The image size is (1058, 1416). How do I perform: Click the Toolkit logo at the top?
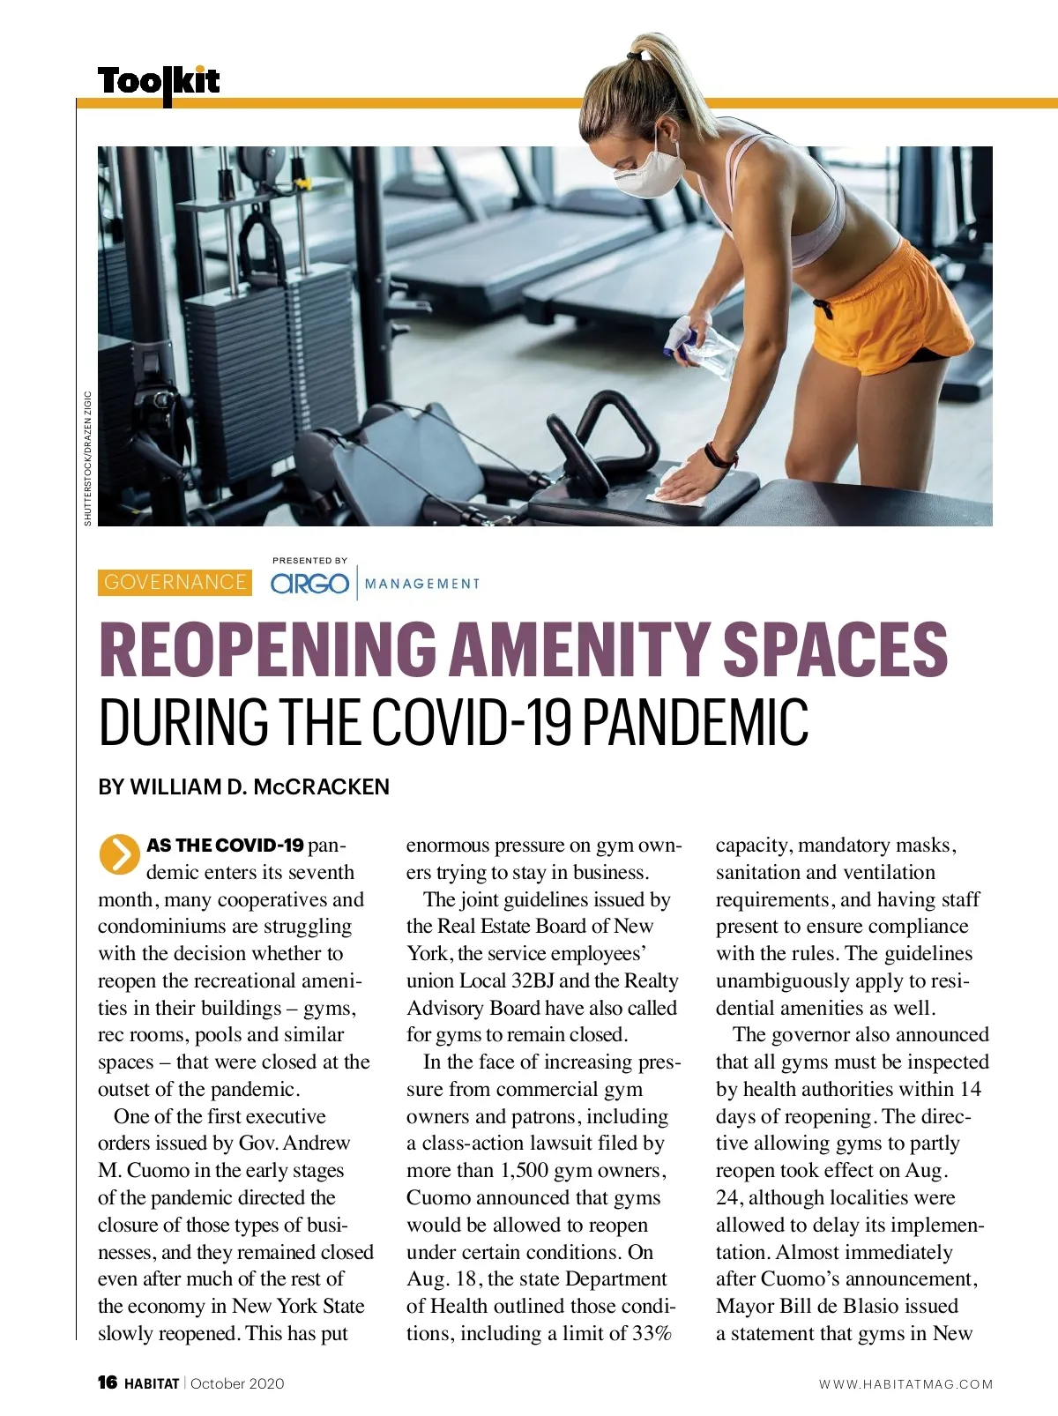(x=159, y=82)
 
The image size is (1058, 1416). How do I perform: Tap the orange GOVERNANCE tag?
(x=175, y=582)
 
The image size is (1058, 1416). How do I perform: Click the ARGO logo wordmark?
(x=309, y=584)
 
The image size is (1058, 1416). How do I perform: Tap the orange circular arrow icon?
(x=119, y=853)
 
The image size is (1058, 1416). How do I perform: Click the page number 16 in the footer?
(x=108, y=1382)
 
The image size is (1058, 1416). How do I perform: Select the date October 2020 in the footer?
(x=237, y=1383)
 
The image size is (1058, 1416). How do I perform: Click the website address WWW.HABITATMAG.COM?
(x=905, y=1384)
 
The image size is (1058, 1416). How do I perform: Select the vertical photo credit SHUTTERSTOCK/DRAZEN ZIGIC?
(x=87, y=458)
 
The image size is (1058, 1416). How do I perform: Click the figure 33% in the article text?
(x=652, y=1333)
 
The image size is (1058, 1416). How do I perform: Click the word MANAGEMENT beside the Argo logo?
(x=422, y=584)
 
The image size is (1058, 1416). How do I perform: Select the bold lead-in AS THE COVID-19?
(x=225, y=845)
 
